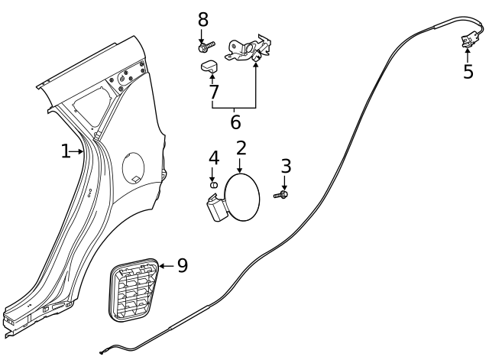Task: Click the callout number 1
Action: [66, 152]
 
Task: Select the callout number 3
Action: [286, 166]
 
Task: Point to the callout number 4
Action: [214, 158]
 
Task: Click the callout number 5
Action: [468, 72]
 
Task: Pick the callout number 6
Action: [235, 122]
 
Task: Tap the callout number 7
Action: [213, 92]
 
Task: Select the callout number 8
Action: [202, 19]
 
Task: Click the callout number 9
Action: [182, 265]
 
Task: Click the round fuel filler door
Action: [244, 198]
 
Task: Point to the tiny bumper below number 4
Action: [215, 184]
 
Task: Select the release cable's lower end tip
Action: [102, 351]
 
